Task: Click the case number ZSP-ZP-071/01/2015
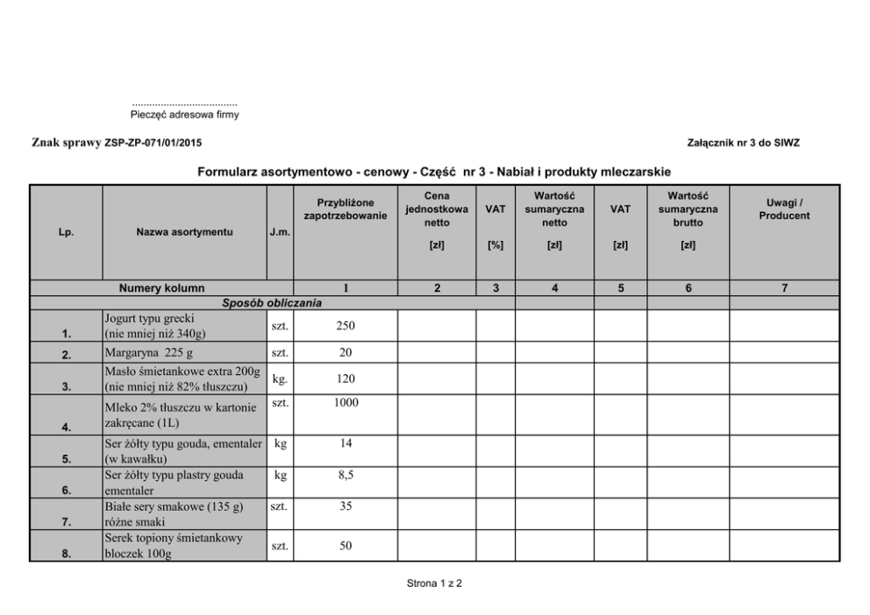pyautogui.click(x=156, y=142)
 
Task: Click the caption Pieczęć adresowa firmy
pyautogui.click(x=184, y=114)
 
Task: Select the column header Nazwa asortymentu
pyautogui.click(x=184, y=232)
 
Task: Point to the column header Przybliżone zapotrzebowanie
pyautogui.click(x=346, y=209)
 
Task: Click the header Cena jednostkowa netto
pyautogui.click(x=437, y=209)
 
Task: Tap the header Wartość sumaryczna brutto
pyautogui.click(x=688, y=209)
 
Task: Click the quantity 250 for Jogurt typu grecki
pyautogui.click(x=346, y=325)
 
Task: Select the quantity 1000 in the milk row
pyautogui.click(x=346, y=402)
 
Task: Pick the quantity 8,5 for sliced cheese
pyautogui.click(x=346, y=475)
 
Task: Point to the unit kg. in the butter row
pyautogui.click(x=280, y=380)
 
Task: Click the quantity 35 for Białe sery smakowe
pyautogui.click(x=346, y=506)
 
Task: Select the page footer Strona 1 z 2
pyautogui.click(x=434, y=583)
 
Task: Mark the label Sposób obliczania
pyautogui.click(x=272, y=303)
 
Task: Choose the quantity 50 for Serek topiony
pyautogui.click(x=346, y=546)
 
